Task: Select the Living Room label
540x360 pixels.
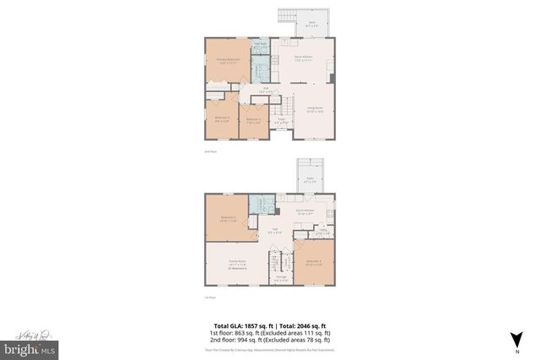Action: tap(315, 110)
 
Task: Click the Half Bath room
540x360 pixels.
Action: tap(262, 45)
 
